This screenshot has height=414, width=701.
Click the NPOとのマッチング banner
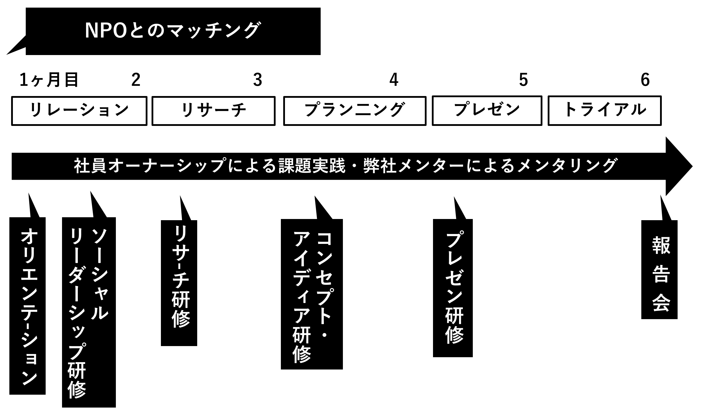173,31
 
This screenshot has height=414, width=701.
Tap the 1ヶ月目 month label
49,80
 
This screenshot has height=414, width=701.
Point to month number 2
136,80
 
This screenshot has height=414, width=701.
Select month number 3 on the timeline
257,80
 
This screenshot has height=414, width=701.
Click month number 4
394,80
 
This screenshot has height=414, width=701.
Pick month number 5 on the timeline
523,80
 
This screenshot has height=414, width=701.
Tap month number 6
645,80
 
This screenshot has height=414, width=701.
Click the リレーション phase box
79,111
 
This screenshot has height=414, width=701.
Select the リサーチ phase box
213,111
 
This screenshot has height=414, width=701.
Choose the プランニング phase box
355,111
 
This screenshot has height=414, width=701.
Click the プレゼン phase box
487,111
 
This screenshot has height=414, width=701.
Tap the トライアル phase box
604,111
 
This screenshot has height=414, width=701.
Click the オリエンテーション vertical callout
28,306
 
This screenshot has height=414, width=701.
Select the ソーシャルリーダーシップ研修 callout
89,312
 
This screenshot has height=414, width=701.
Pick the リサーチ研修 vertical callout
179,283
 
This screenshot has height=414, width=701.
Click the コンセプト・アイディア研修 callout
312,294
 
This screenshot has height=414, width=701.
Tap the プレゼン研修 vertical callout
453,288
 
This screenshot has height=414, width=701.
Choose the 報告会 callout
659,269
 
